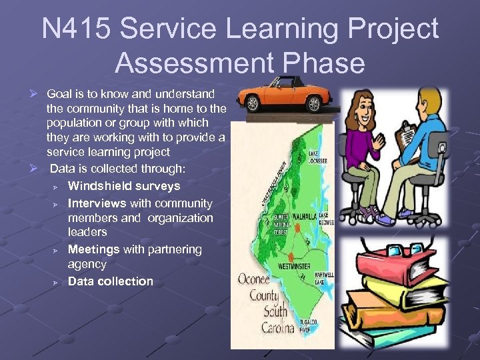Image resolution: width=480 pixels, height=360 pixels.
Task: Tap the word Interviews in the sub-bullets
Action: click(x=97, y=203)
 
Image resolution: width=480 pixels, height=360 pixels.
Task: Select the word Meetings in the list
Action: click(x=93, y=249)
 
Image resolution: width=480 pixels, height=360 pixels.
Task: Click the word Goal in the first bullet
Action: click(x=59, y=93)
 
